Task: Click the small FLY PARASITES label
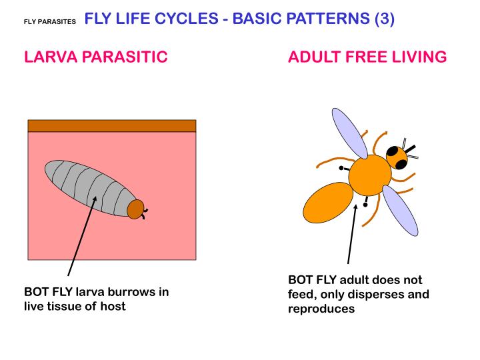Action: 49,21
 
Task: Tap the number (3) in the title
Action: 384,19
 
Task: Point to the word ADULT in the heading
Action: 313,57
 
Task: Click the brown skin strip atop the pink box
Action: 111,126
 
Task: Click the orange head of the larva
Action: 136,209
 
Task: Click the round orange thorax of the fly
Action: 369,175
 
